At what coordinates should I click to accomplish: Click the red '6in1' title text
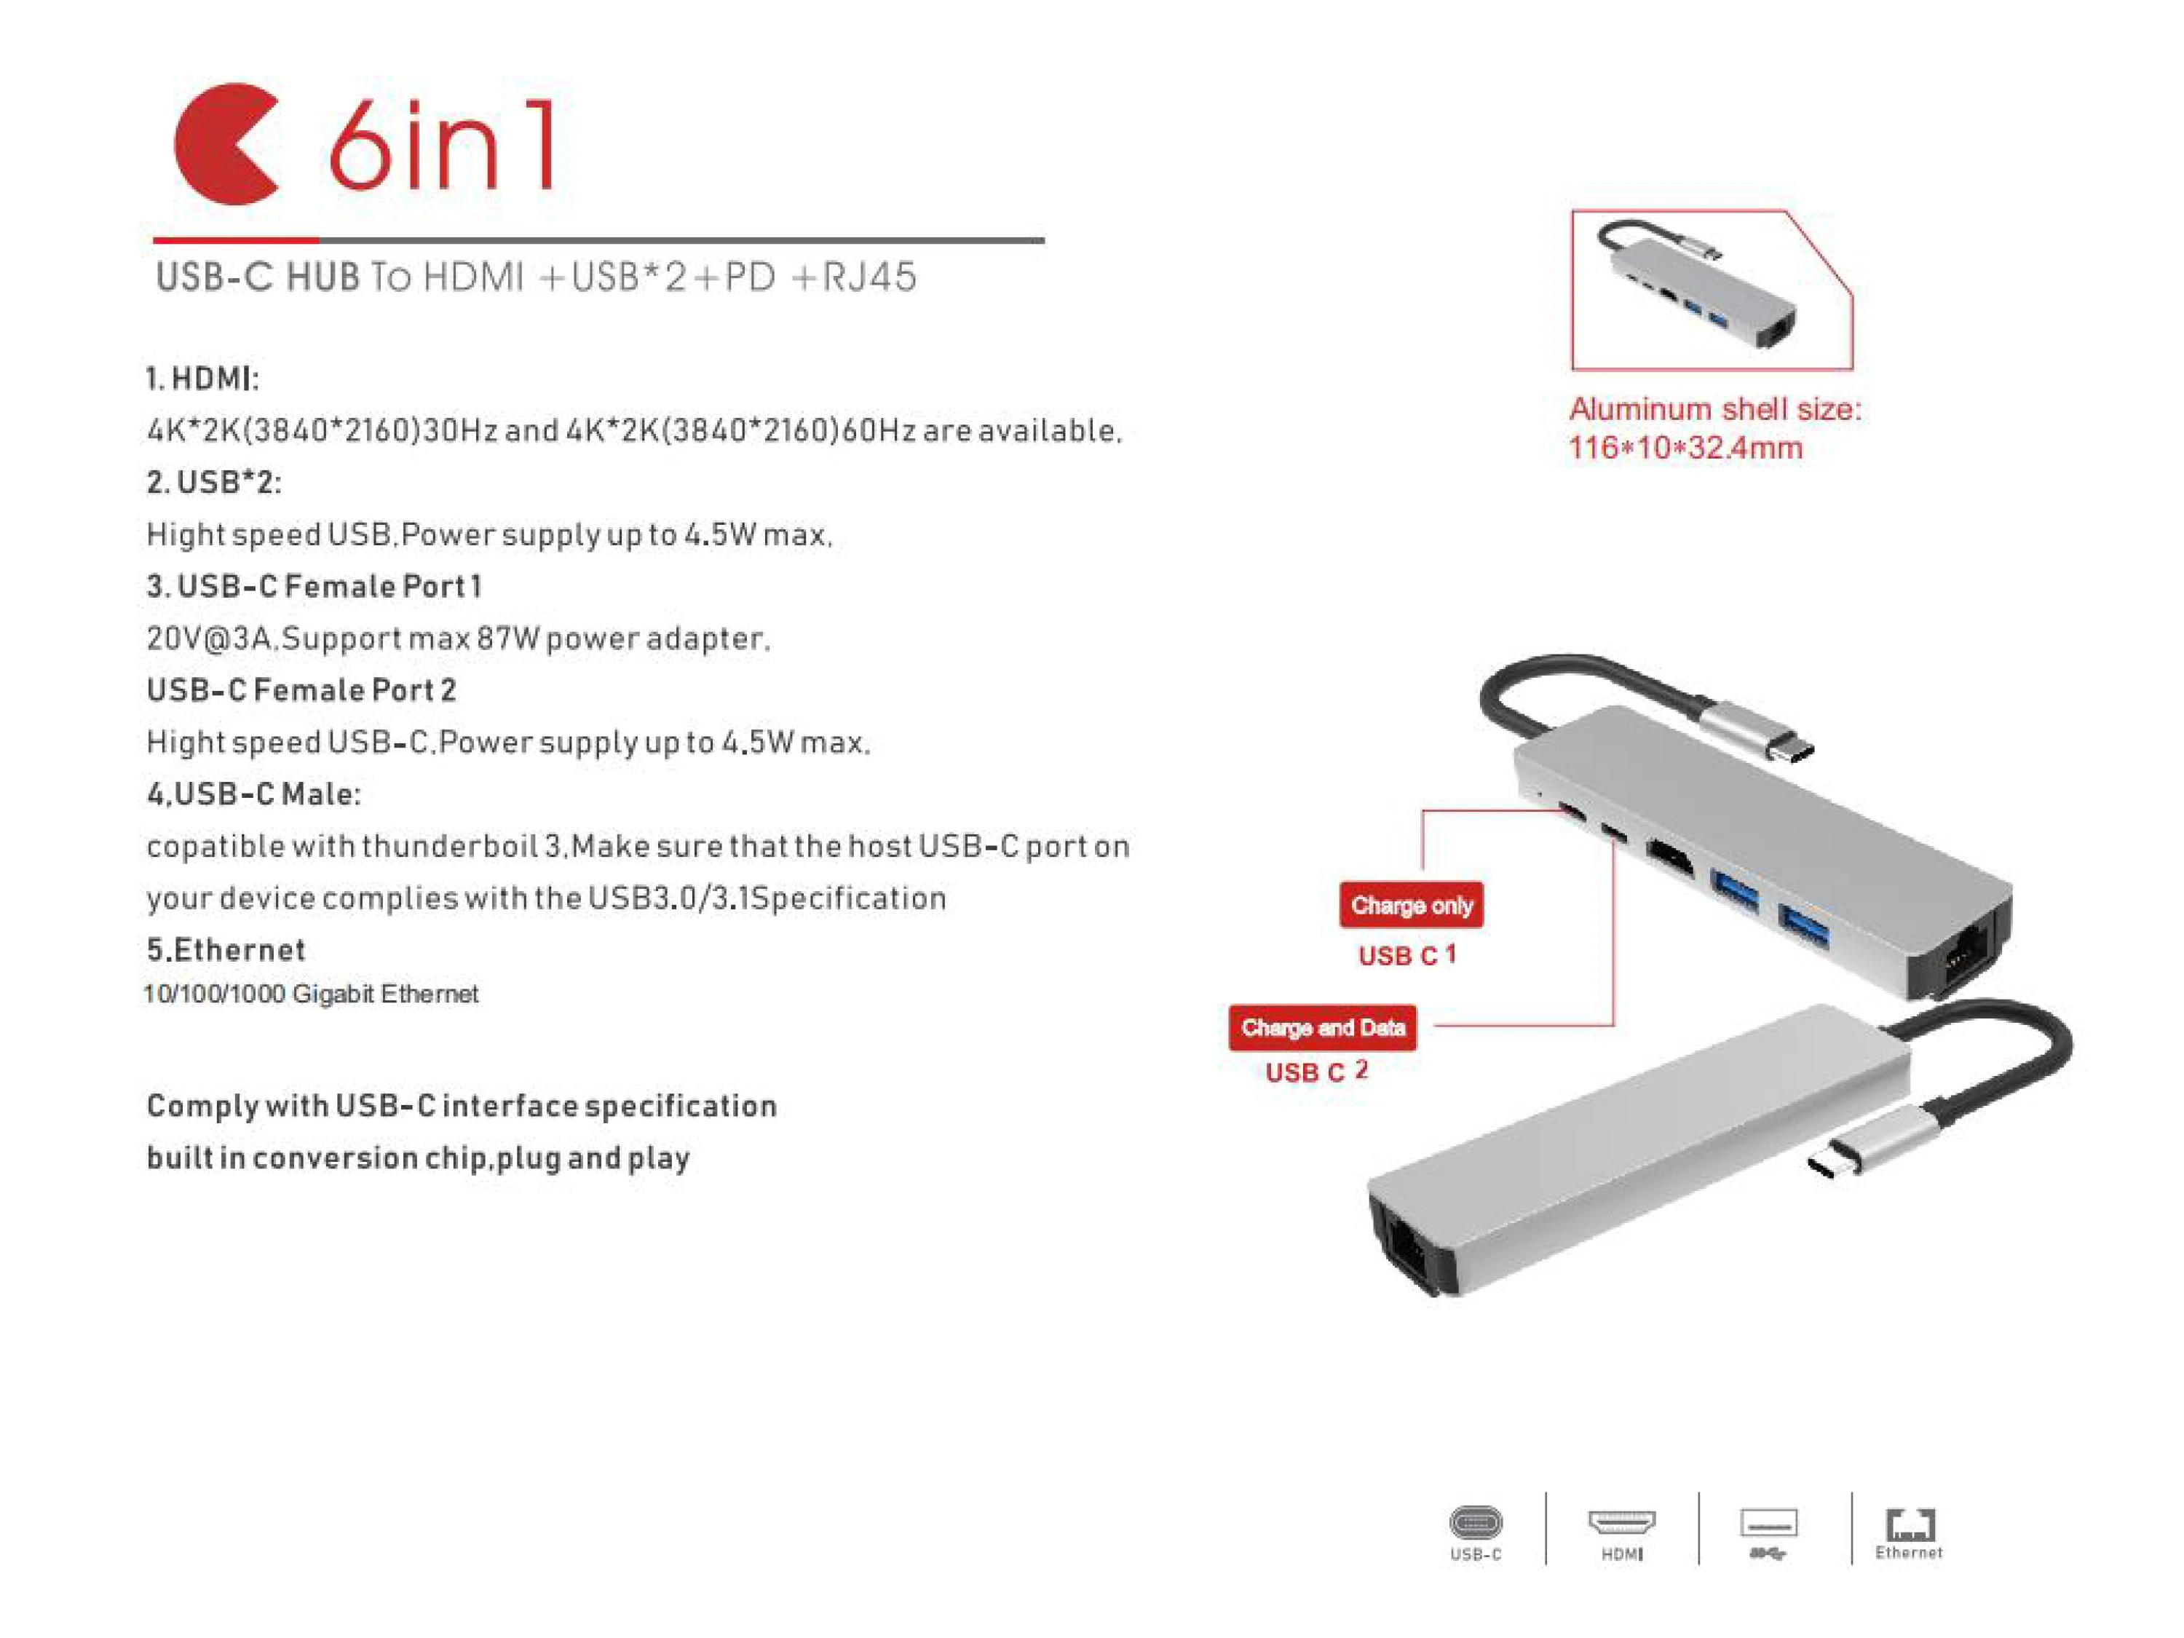pyautogui.click(x=440, y=144)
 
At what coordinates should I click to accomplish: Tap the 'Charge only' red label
pyautogui.click(x=1411, y=904)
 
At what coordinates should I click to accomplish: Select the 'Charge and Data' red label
pyautogui.click(x=1323, y=1028)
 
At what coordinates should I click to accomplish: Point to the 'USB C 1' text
pyautogui.click(x=1407, y=954)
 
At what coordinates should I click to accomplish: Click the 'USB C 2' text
pyautogui.click(x=1317, y=1072)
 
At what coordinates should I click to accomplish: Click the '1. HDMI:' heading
pyautogui.click(x=202, y=378)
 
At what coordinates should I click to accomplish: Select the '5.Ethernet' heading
pyautogui.click(x=226, y=950)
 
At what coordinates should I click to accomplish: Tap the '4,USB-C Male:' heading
pyautogui.click(x=254, y=794)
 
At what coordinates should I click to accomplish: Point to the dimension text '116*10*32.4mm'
pyautogui.click(x=1685, y=447)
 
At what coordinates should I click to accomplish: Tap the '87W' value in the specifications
pyautogui.click(x=508, y=638)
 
